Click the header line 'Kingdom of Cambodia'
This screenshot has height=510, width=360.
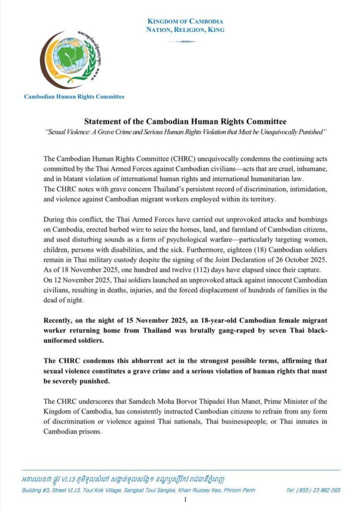point(185,21)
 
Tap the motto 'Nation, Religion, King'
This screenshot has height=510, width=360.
point(185,30)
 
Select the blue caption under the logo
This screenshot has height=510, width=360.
point(74,97)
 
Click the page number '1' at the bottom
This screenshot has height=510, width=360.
point(185,500)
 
